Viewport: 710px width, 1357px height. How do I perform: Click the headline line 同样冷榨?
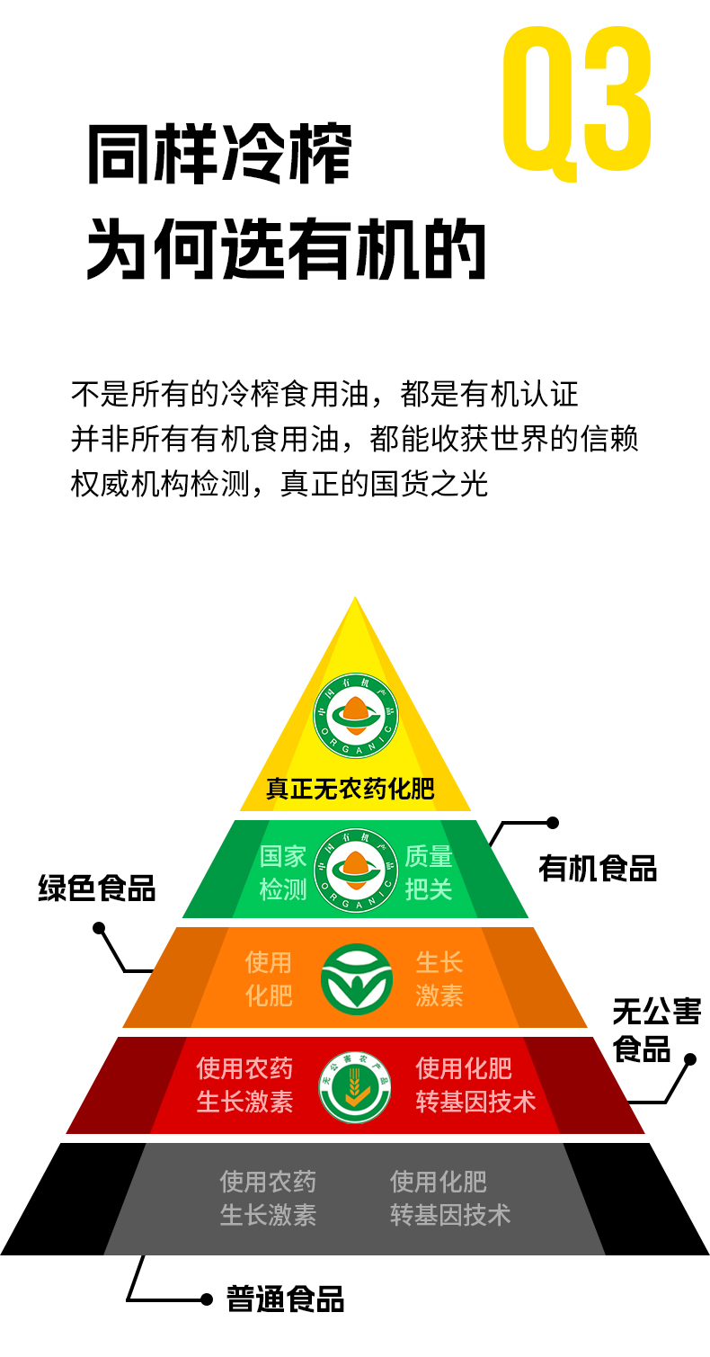(219, 155)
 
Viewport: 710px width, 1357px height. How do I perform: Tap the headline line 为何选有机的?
(286, 247)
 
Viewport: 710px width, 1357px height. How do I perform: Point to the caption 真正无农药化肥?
(350, 790)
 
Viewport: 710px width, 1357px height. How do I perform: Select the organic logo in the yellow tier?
(355, 716)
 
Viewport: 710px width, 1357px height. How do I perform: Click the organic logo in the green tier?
(355, 869)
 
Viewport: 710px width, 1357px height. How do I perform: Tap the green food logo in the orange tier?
(356, 979)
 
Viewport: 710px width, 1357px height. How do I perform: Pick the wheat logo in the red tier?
(355, 1086)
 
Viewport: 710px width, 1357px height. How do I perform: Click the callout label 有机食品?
(598, 869)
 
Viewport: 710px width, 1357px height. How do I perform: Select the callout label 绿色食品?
(97, 888)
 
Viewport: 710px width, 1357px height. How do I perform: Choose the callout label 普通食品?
(285, 1299)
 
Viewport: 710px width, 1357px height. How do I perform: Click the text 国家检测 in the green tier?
(283, 872)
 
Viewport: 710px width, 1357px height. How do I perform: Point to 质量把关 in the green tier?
(429, 872)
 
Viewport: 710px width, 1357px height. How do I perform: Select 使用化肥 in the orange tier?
(269, 979)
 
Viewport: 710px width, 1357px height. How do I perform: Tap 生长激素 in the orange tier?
(439, 979)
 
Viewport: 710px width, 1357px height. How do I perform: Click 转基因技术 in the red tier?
(475, 1102)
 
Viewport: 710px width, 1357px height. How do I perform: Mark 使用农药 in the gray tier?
(268, 1181)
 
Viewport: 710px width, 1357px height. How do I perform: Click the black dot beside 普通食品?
(207, 1299)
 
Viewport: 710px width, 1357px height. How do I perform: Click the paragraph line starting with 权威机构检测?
(280, 484)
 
